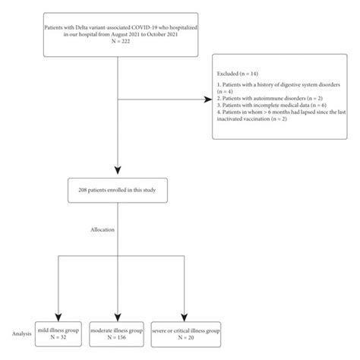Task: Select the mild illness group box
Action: [57, 335]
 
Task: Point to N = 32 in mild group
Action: [57, 339]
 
